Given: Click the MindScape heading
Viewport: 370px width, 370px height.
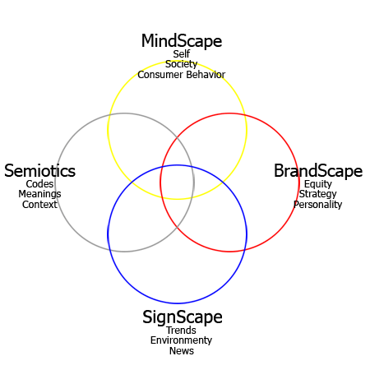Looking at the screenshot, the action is click(182, 41).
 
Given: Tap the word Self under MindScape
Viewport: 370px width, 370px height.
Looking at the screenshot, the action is click(182, 54).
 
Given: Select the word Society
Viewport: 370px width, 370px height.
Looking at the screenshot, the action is click(181, 64).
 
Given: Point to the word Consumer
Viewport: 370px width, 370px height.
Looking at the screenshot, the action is click(160, 75).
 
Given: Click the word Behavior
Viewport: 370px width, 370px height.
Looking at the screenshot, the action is click(206, 75).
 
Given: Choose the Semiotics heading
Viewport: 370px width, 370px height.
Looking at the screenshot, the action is click(39, 171).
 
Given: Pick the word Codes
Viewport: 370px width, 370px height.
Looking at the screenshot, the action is click(39, 184).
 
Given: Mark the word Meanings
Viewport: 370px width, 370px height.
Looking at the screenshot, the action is click(39, 194).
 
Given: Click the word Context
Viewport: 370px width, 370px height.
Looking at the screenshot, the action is click(39, 205).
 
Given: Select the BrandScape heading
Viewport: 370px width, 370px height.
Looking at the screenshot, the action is click(318, 171).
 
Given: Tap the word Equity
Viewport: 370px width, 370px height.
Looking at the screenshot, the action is click(318, 184).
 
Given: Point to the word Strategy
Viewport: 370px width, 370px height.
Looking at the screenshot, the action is click(317, 194).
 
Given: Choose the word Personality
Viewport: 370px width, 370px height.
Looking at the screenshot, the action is click(317, 205).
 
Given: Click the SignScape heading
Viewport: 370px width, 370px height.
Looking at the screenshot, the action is click(183, 317).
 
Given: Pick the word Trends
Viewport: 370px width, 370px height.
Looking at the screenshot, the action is click(181, 331).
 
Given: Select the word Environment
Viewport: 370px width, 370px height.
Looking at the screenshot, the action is click(181, 340).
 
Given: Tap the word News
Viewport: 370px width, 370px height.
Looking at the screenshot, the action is click(182, 351).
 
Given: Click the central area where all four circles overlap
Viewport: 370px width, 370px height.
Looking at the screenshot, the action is click(177, 183).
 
